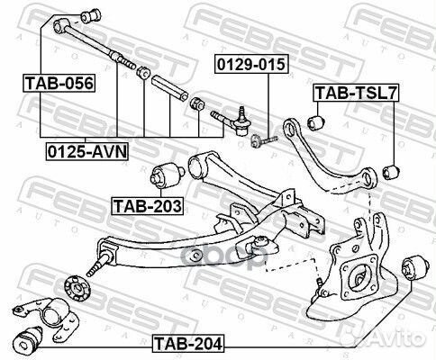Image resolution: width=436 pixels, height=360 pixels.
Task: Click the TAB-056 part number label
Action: pyautogui.click(x=57, y=84)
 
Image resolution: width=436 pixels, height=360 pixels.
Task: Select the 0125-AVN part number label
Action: pyautogui.click(x=86, y=150)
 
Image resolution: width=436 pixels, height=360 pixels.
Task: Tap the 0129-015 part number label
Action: pyautogui.click(x=242, y=65)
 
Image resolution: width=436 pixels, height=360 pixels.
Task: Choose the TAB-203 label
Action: pyautogui.click(x=147, y=205)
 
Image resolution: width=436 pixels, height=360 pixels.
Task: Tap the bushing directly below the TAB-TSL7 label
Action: pyautogui.click(x=317, y=116)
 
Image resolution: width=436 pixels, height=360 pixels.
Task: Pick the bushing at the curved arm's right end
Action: pyautogui.click(x=390, y=169)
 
